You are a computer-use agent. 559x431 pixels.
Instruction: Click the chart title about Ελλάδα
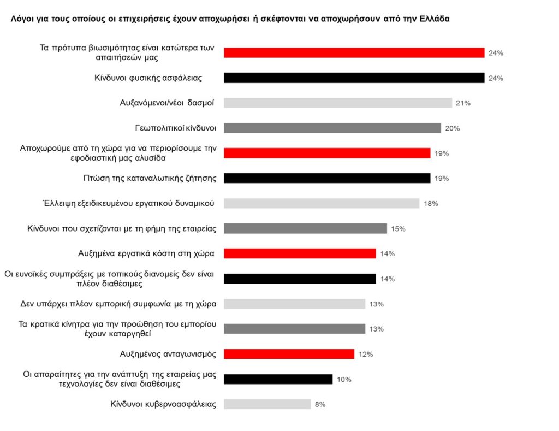[x=230, y=19]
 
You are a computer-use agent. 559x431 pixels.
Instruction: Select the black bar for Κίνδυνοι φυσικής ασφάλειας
[x=354, y=78]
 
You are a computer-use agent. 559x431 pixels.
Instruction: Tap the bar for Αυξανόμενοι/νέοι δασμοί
[x=338, y=103]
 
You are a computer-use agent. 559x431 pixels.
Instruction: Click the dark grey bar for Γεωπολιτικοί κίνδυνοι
[x=332, y=128]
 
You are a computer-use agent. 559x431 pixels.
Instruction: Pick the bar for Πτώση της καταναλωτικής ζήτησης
[x=327, y=178]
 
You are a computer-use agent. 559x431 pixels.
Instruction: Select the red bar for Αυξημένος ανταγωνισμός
[x=289, y=354]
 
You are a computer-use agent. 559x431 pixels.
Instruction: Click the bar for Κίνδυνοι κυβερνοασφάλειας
[x=267, y=404]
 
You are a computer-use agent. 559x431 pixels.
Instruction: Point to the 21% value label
[x=463, y=103]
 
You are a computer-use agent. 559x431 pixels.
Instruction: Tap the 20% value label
[x=453, y=128]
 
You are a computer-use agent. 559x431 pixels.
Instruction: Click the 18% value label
[x=431, y=204]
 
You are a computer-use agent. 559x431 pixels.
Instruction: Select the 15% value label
[x=398, y=229]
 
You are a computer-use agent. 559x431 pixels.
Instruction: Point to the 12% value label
[x=366, y=355]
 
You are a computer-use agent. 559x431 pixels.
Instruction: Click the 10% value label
[x=344, y=380]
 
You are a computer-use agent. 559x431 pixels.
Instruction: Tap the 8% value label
[x=320, y=405]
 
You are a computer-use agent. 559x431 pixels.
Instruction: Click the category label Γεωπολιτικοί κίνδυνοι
[x=176, y=128]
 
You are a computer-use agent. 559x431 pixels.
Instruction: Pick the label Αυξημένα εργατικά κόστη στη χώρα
[x=146, y=253]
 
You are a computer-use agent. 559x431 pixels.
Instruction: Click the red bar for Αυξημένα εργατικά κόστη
[x=300, y=253]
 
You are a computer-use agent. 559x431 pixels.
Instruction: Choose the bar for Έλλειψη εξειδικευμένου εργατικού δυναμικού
[x=322, y=203]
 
